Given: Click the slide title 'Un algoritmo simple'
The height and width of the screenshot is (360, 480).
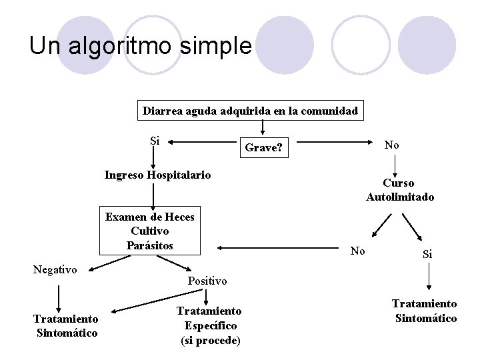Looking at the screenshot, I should pos(140,45).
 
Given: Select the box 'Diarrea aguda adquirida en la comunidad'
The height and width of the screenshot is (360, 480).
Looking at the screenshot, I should pos(251,111).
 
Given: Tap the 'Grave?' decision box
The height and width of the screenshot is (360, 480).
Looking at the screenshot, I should pos(265,147).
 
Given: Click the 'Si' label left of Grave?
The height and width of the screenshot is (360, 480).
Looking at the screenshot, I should pos(155,141).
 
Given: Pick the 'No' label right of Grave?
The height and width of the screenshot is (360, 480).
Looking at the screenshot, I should pos(392,145).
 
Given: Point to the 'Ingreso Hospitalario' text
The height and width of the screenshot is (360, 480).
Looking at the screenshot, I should pos(157,175).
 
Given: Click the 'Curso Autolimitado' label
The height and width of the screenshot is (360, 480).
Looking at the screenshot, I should pos(399,190).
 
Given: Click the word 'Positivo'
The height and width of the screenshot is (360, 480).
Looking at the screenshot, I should pos(207,281).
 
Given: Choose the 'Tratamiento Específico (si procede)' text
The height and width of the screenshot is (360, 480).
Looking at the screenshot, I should pos(209,326).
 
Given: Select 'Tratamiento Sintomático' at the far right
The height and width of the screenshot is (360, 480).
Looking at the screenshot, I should pos(426,311).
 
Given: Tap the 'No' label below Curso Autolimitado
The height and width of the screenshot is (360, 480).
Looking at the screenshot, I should pos(358,251).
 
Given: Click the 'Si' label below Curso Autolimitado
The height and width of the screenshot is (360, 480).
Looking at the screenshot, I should pos(427,255).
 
